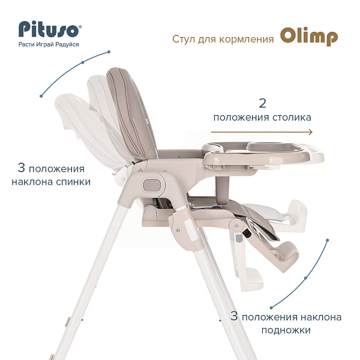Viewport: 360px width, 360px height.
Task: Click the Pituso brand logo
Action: (x=50, y=29)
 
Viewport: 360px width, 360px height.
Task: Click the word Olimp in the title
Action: (x=309, y=37)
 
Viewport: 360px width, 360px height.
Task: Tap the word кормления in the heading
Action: (x=247, y=39)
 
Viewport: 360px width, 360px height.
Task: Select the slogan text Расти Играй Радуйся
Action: (x=49, y=44)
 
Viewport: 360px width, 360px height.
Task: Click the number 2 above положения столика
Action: (x=262, y=103)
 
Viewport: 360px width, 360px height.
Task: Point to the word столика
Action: (x=292, y=118)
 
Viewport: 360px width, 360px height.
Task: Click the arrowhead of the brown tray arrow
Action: (x=311, y=132)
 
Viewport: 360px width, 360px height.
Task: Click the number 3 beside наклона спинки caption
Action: (x=21, y=167)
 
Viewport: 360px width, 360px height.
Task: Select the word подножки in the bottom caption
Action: (x=286, y=330)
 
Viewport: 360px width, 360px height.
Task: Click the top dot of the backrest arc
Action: (x=109, y=52)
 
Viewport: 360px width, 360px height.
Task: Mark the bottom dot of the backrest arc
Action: (x=41, y=96)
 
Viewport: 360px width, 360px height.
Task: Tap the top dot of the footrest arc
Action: (x=328, y=240)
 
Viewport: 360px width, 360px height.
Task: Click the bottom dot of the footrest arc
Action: (x=271, y=308)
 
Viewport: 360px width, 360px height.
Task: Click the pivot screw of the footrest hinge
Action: (x=236, y=226)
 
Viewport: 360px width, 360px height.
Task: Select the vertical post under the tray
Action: (x=222, y=190)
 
